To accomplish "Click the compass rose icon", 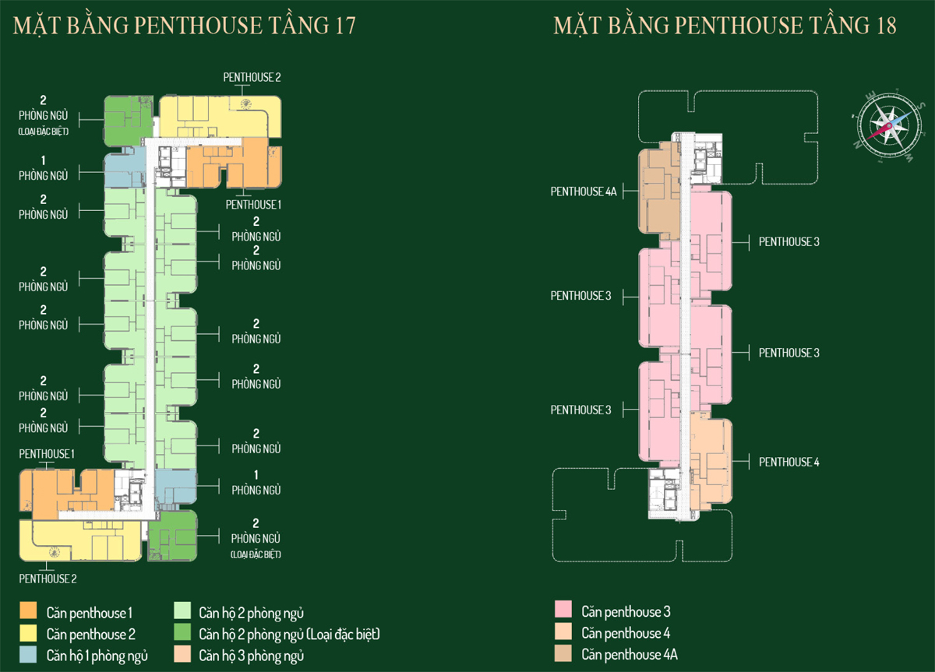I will pyautogui.click(x=884, y=123).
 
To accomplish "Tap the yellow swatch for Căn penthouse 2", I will pyautogui.click(x=29, y=634).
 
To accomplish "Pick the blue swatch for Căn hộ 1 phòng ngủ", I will pyautogui.click(x=29, y=655).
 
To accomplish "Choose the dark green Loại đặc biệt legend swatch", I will pyautogui.click(x=182, y=634).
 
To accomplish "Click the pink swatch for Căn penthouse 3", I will pyautogui.click(x=564, y=611).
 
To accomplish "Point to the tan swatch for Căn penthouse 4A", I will pyautogui.click(x=564, y=654).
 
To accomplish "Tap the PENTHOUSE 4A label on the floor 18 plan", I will pyautogui.click(x=584, y=191).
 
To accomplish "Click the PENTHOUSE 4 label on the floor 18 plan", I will pyautogui.click(x=789, y=462).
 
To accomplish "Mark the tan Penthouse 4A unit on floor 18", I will pyautogui.click(x=658, y=195).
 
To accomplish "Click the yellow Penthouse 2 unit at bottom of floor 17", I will pyautogui.click(x=78, y=540).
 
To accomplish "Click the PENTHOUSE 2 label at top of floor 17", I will pyautogui.click(x=251, y=77).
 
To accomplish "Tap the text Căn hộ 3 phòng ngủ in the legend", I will pyautogui.click(x=251, y=656).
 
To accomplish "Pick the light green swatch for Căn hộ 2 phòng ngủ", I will pyautogui.click(x=182, y=612).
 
